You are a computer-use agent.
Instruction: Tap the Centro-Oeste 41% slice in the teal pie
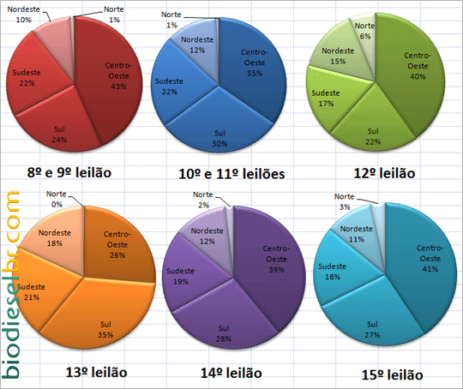pos(425,266)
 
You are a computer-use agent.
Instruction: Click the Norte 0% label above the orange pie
pos(56,200)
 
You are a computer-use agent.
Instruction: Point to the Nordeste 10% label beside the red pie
pos(23,15)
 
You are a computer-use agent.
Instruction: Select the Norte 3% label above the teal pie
pos(345,201)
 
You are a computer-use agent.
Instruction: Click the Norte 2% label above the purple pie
pos(203,200)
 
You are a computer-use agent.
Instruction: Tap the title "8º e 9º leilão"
pos(69,173)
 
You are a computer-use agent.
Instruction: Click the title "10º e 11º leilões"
pos(231,174)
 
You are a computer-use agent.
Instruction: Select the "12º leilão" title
pos(384,173)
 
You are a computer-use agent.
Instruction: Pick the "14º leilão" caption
pos(231,373)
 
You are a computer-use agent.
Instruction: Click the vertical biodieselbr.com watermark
pos(10,284)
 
